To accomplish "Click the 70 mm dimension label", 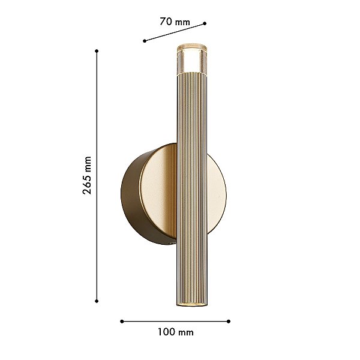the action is pyautogui.click(x=175, y=22).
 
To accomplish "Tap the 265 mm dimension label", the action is pyautogui.click(x=87, y=175).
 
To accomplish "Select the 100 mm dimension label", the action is pyautogui.click(x=176, y=332).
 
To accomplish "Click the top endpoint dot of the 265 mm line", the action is pyautogui.click(x=97, y=51).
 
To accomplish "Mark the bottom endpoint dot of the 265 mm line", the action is pyautogui.click(x=97, y=301).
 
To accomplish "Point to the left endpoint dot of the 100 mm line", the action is pyautogui.click(x=122, y=322).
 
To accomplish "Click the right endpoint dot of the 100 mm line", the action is pyautogui.click(x=229, y=322).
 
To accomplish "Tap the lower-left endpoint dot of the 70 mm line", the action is pyautogui.click(x=145, y=41).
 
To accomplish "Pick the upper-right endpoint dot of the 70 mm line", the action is pyautogui.click(x=205, y=23).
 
